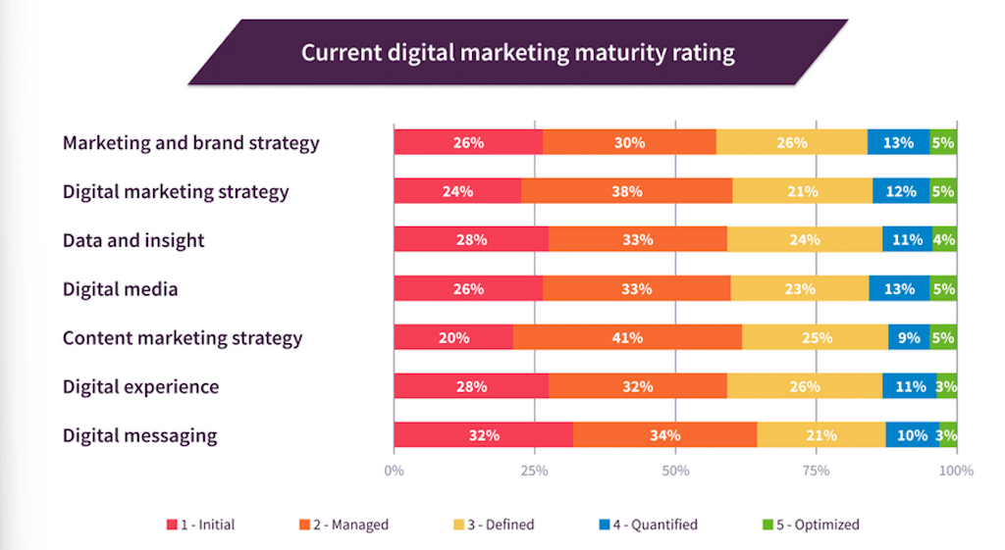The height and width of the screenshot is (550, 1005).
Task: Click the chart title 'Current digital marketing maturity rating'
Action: coord(517,52)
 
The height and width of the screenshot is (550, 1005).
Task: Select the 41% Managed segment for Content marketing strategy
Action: coord(627,337)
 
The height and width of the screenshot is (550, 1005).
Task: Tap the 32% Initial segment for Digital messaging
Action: coord(483,435)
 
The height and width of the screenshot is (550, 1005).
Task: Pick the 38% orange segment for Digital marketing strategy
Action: coord(626,191)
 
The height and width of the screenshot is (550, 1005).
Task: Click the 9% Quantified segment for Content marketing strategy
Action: coord(909,337)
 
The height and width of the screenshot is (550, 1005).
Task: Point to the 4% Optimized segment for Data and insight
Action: coord(944,239)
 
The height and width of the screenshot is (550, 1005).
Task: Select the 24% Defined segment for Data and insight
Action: coord(804,239)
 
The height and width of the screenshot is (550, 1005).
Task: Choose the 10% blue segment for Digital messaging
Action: coord(912,435)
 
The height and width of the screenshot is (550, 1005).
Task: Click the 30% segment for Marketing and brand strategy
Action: coord(629,142)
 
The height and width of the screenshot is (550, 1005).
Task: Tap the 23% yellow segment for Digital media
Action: coord(799,288)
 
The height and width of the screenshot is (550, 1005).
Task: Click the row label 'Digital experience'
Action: coord(140,386)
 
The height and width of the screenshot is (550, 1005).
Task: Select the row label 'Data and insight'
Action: coord(133,240)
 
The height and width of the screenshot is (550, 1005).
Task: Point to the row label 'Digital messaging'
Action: coord(139,435)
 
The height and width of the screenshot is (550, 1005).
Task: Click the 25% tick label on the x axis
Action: coord(534,471)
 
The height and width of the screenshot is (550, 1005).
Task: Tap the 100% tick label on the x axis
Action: coord(956,471)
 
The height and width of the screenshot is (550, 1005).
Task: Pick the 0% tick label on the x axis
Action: coord(394,471)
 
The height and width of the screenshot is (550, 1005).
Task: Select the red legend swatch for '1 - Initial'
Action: coord(172,525)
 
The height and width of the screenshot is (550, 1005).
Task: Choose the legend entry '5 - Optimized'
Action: coord(811,525)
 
